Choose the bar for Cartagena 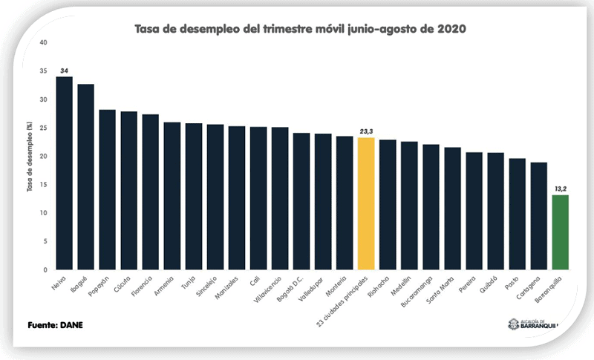click(x=539, y=216)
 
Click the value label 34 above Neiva click(x=65, y=70)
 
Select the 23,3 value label click(x=366, y=131)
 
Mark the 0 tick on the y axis click(x=45, y=270)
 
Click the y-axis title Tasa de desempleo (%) click(x=30, y=157)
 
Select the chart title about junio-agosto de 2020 click(x=300, y=29)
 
